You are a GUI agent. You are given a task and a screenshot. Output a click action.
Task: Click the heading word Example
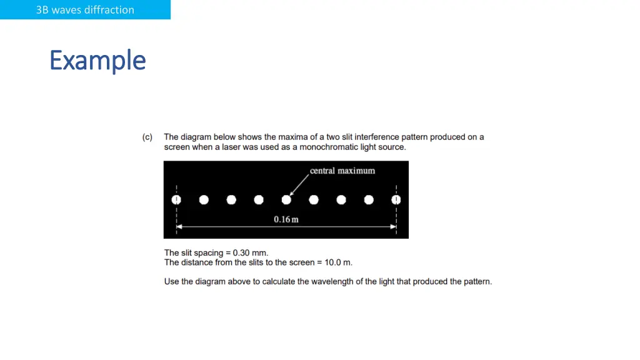97,61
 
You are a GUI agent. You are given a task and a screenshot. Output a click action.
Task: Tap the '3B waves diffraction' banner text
85,10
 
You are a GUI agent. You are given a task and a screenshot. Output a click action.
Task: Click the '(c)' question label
147,137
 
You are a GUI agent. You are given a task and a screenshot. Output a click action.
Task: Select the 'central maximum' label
342,171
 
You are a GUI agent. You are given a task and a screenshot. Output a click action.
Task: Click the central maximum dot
286,199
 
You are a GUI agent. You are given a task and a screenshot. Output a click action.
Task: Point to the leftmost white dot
176,199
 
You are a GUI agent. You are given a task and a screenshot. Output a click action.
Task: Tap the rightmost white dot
396,199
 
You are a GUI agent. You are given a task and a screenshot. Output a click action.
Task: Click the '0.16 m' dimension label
286,219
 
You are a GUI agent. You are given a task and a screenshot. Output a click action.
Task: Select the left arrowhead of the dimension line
179,226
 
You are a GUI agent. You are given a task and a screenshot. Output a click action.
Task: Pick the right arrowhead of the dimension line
394,226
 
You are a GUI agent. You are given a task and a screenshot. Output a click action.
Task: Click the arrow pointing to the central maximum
299,185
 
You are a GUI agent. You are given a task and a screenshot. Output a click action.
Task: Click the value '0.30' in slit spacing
241,252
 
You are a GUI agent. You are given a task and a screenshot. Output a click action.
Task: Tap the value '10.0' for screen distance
332,262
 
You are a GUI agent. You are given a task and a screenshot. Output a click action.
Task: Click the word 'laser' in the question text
231,147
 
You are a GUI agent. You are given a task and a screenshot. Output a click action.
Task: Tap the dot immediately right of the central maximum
314,199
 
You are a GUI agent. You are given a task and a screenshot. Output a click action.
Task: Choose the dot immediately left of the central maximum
259,199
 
